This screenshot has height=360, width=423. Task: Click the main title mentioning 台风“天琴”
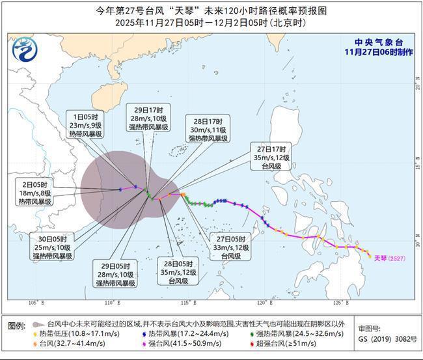[x=211, y=11]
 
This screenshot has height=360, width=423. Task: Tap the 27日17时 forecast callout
[x=273, y=156]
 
